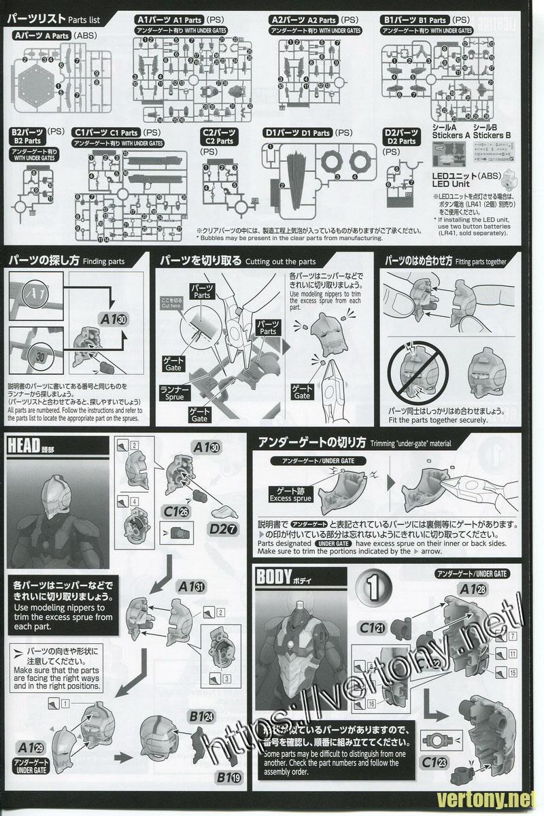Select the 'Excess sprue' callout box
click(290, 494)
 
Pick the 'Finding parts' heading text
click(66, 261)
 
